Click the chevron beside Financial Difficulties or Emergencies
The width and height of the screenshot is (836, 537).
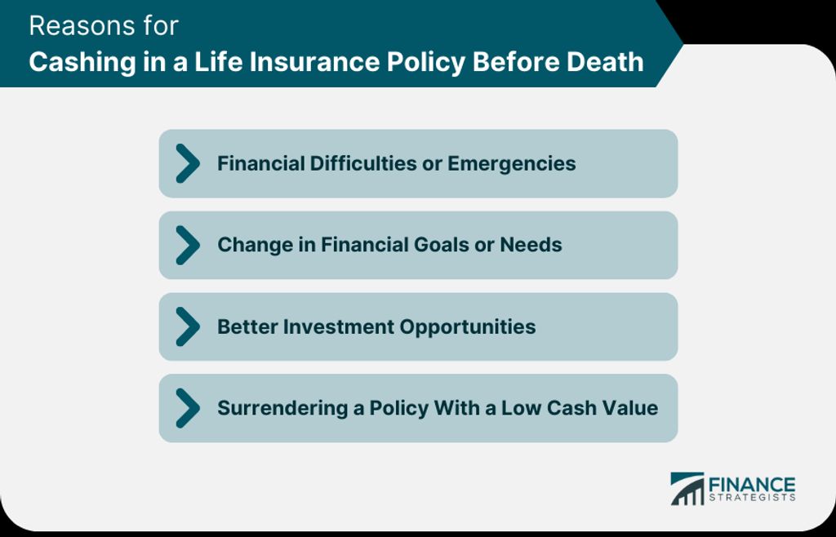(x=188, y=163)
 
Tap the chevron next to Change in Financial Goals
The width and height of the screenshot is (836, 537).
(x=188, y=245)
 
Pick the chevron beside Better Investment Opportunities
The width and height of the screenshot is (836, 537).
(x=188, y=326)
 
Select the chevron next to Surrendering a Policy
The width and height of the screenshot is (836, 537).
(x=188, y=408)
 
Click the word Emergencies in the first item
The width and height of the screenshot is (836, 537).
(x=511, y=164)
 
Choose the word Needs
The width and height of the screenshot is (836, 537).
(x=531, y=245)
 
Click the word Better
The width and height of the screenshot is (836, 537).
(x=247, y=326)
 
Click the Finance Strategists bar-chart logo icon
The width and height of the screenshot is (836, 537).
(x=687, y=489)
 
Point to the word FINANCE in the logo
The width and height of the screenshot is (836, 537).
(x=752, y=486)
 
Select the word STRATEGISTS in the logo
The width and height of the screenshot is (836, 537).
(x=752, y=498)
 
